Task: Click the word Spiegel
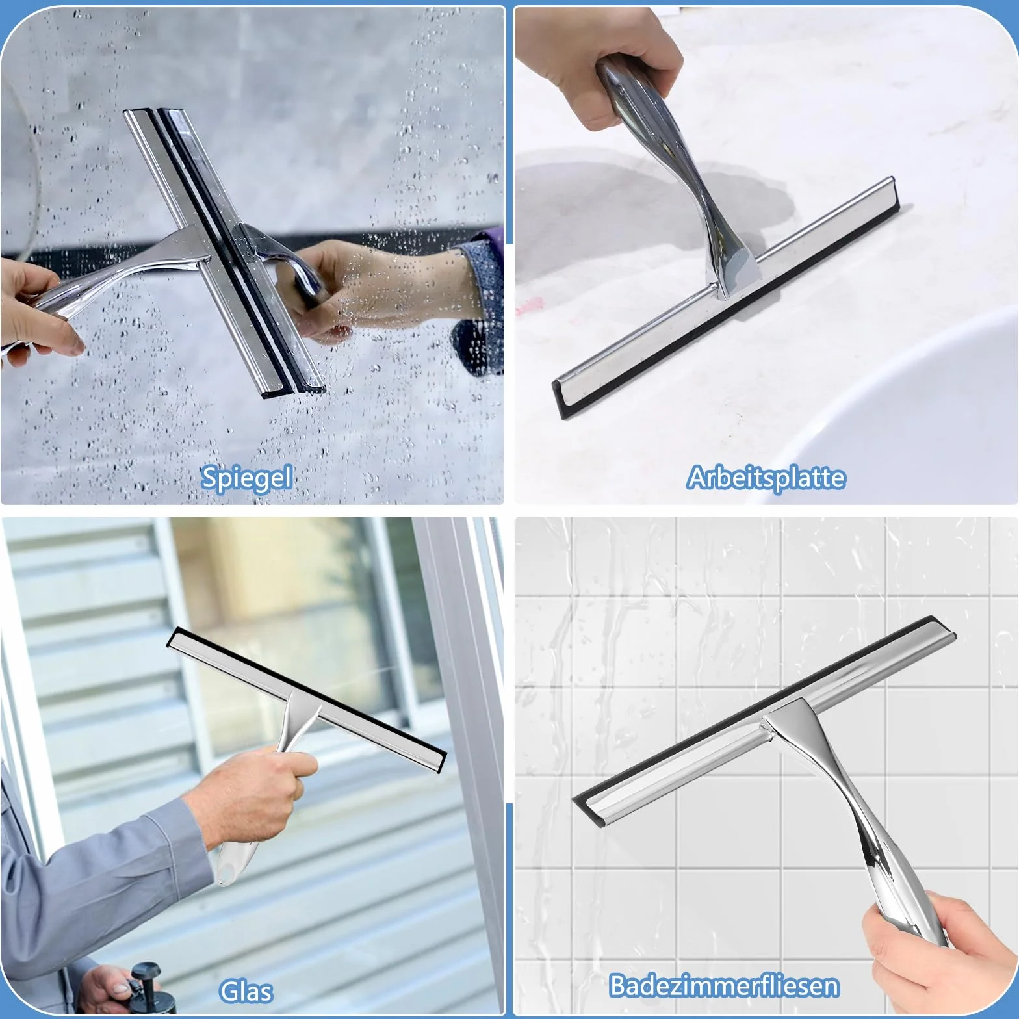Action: pyautogui.click(x=246, y=478)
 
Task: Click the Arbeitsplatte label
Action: pyautogui.click(x=766, y=478)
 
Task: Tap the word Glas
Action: pyautogui.click(x=246, y=990)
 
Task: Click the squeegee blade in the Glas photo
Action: pyautogui.click(x=307, y=699)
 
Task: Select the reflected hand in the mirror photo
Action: pyautogui.click(x=364, y=286)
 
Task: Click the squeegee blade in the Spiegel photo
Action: pyautogui.click(x=224, y=250)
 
